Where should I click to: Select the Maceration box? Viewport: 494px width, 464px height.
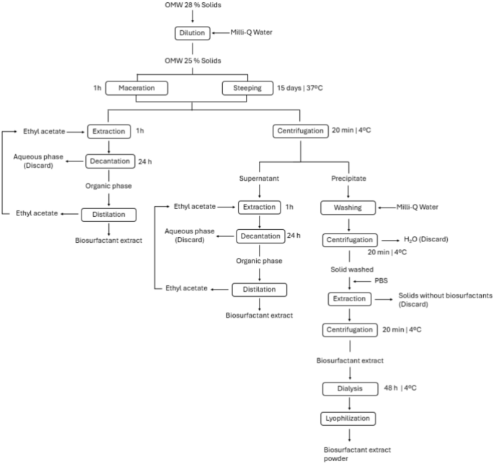tap(136, 88)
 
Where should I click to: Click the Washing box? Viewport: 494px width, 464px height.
tap(349, 208)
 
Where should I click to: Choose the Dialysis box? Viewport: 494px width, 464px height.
tap(349, 388)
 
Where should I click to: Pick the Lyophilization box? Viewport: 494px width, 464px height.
tap(349, 419)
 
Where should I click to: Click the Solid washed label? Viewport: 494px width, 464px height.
tap(349, 267)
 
